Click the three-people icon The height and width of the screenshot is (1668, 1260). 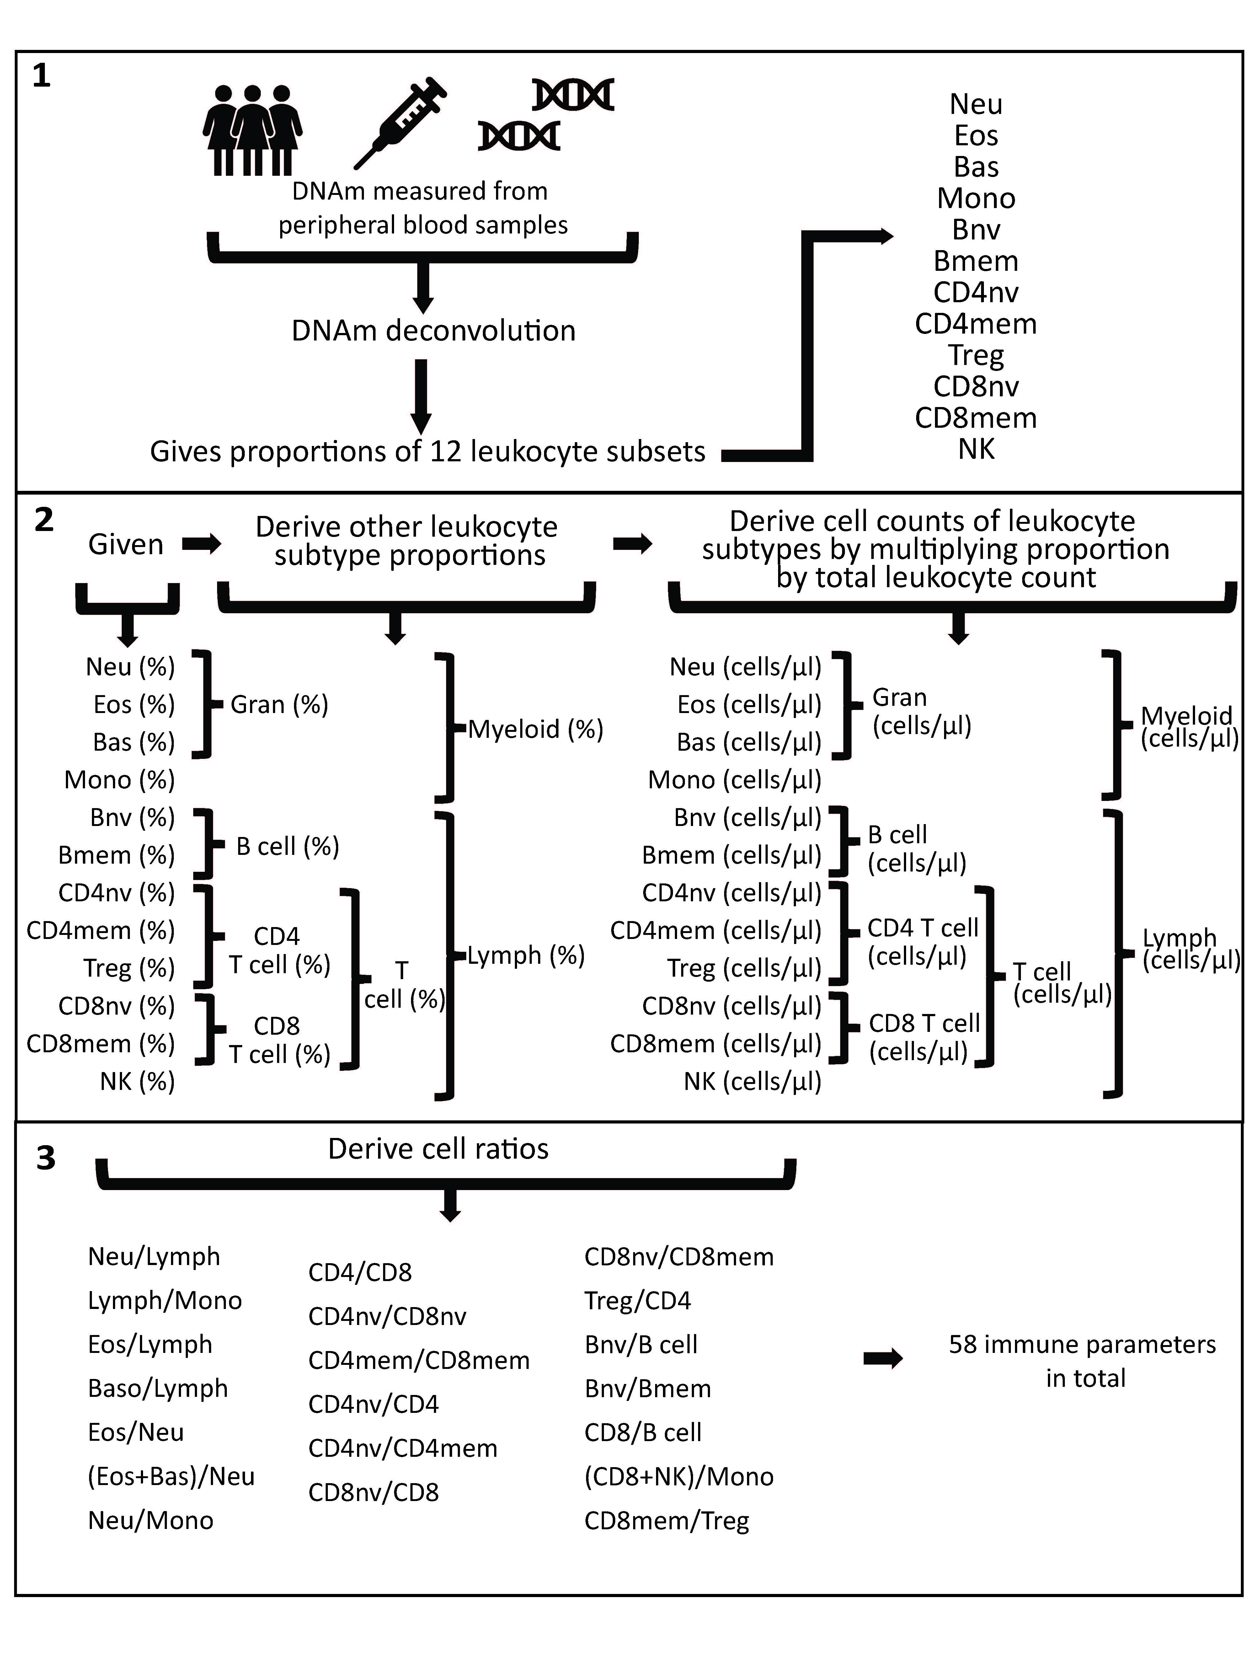[x=253, y=130]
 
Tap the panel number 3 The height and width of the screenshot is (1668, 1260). [x=46, y=1158]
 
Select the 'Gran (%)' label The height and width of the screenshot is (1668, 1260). [x=279, y=704]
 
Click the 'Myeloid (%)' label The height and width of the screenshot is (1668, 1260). [x=535, y=729]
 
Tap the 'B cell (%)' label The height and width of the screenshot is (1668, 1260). [x=287, y=846]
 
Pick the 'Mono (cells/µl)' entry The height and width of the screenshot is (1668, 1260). [x=734, y=780]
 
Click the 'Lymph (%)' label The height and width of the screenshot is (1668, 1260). [x=526, y=955]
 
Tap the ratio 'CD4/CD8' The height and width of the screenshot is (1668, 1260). [x=360, y=1272]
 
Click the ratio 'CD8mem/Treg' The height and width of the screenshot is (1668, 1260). [x=667, y=1520]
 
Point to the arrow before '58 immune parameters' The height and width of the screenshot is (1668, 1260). [x=883, y=1359]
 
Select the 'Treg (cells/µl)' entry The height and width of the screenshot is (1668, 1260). [x=744, y=968]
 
